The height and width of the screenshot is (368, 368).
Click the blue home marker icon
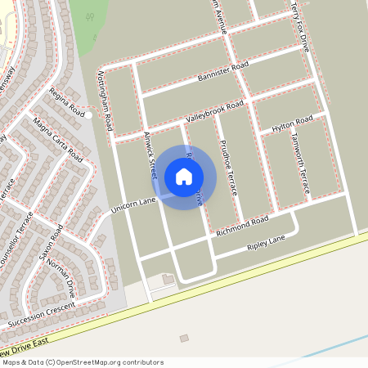coord(184,176)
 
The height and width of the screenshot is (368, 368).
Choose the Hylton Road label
coord(292,124)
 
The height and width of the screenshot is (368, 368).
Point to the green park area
coord(92,16)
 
